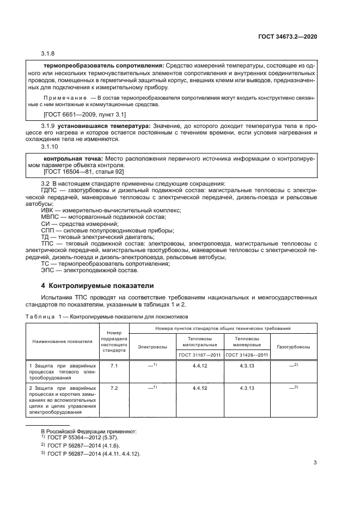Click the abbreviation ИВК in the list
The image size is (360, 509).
pos(48,210)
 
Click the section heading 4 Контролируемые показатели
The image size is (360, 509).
pos(98,285)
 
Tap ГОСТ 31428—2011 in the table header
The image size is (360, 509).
pos(247,355)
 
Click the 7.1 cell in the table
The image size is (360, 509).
pos(114,366)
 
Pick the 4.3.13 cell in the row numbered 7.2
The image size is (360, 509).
pos(247,388)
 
